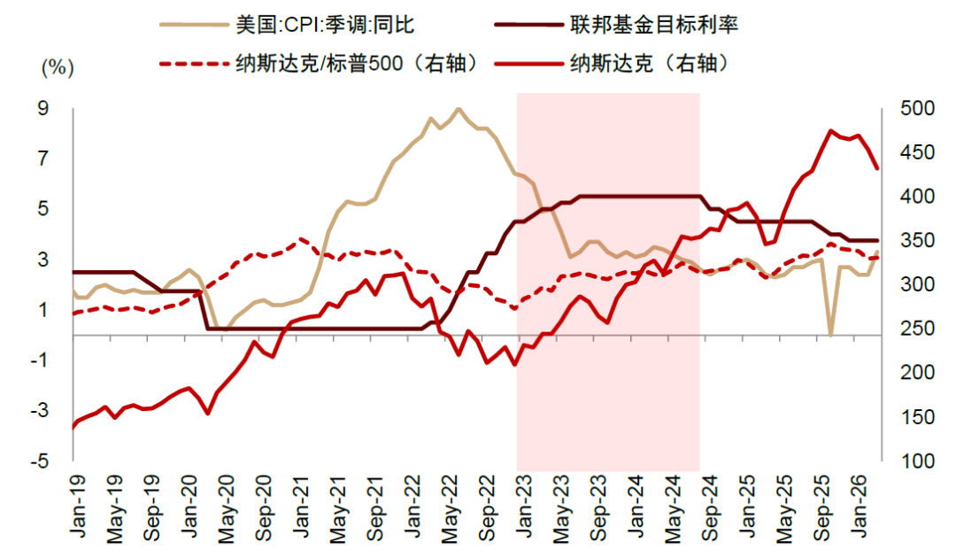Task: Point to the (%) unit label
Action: pos(57,66)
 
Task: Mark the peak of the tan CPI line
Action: pos(458,109)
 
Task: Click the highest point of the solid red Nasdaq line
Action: pos(831,130)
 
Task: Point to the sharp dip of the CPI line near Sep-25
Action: pos(830,335)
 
